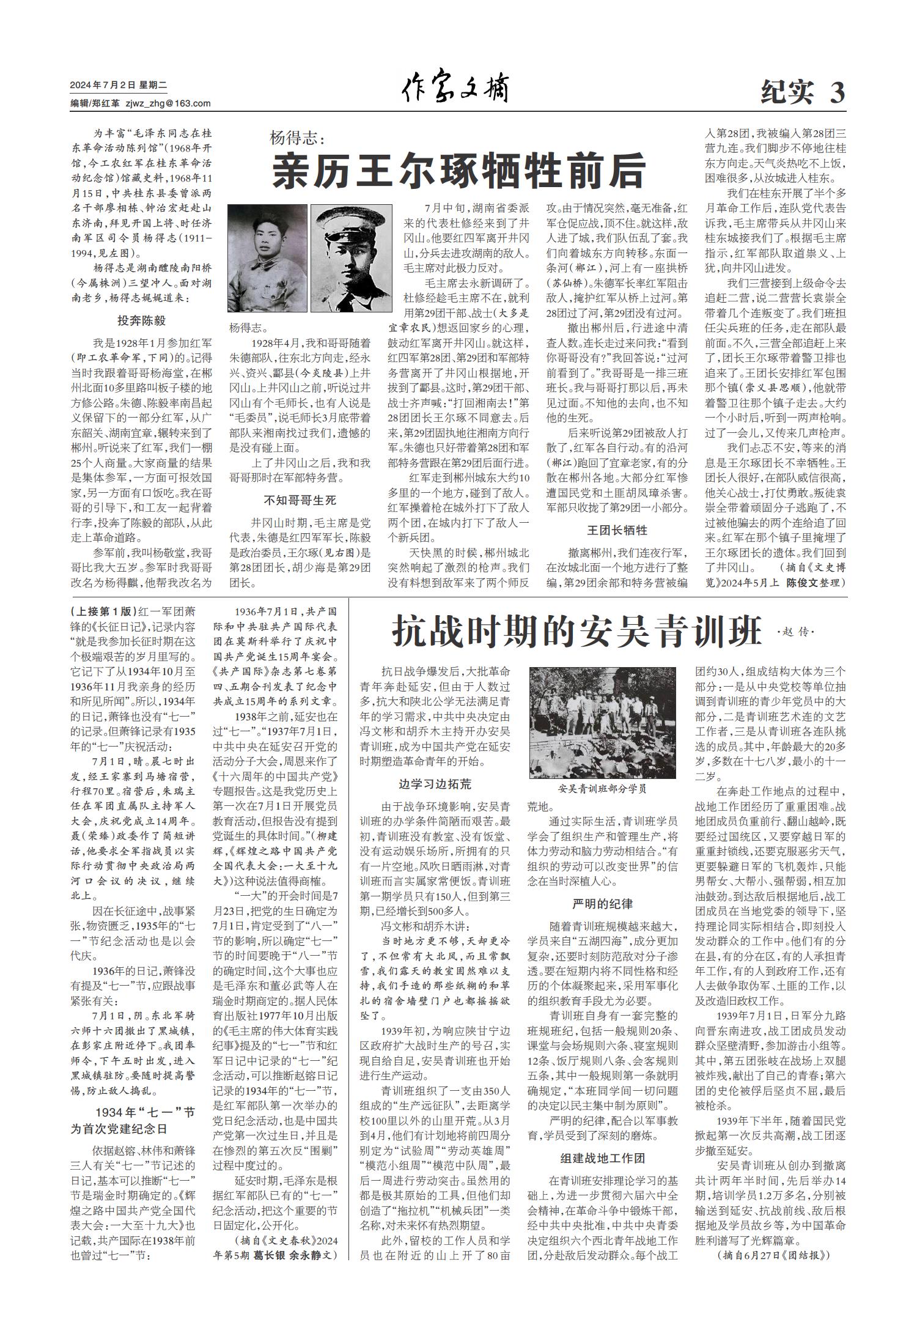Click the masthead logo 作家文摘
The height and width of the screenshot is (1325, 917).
pyautogui.click(x=455, y=89)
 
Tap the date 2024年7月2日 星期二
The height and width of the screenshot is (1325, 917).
pyautogui.click(x=114, y=86)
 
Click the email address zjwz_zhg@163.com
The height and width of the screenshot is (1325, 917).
pyautogui.click(x=168, y=103)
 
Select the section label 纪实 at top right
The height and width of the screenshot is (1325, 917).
pyautogui.click(x=789, y=93)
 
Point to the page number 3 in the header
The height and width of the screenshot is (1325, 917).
pyautogui.click(x=837, y=93)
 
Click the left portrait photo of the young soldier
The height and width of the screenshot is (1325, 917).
pyautogui.click(x=267, y=258)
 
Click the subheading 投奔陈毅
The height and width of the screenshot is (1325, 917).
pyautogui.click(x=142, y=321)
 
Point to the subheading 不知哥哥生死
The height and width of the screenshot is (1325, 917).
pyautogui.click(x=300, y=501)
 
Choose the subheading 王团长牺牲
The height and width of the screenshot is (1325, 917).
pyautogui.click(x=617, y=529)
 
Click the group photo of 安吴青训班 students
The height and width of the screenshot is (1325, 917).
pyautogui.click(x=602, y=722)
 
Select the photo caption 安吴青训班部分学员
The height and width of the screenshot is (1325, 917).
pyautogui.click(x=602, y=789)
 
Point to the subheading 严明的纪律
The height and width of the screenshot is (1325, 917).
pyautogui.click(x=602, y=904)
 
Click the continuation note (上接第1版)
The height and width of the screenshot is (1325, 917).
pyautogui.click(x=100, y=610)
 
